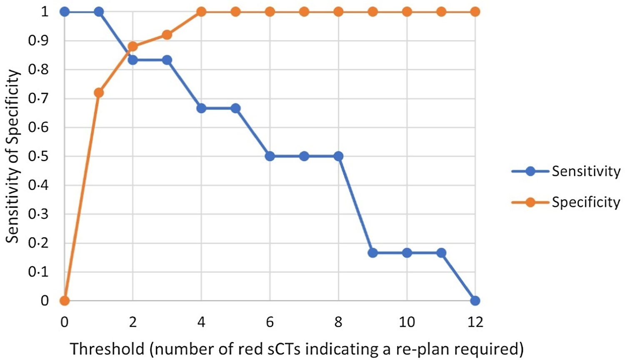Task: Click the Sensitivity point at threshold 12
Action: pos(475,300)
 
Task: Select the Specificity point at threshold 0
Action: pos(64,300)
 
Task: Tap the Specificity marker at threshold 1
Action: pos(99,92)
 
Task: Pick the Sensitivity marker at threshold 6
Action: pos(270,156)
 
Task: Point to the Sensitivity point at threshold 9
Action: pos(372,252)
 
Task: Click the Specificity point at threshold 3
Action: pos(167,35)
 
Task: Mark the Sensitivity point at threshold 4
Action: pos(201,108)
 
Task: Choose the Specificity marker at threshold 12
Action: pos(475,12)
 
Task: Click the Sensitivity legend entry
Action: pos(586,171)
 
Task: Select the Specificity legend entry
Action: pos(586,202)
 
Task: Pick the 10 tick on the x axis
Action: pos(407,322)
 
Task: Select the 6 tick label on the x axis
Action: pos(270,322)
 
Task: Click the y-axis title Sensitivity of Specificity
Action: pos(12,156)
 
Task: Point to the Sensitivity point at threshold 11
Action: pos(441,252)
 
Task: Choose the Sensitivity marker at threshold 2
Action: pos(133,60)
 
